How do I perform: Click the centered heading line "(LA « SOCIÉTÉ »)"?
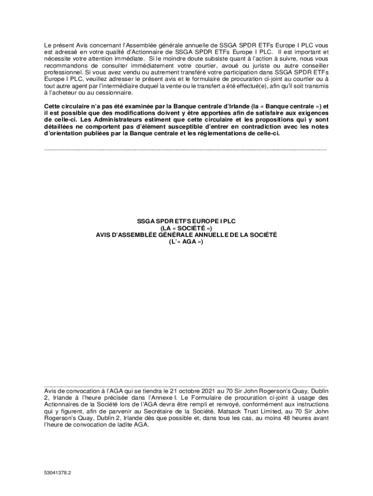pos(186,228)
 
